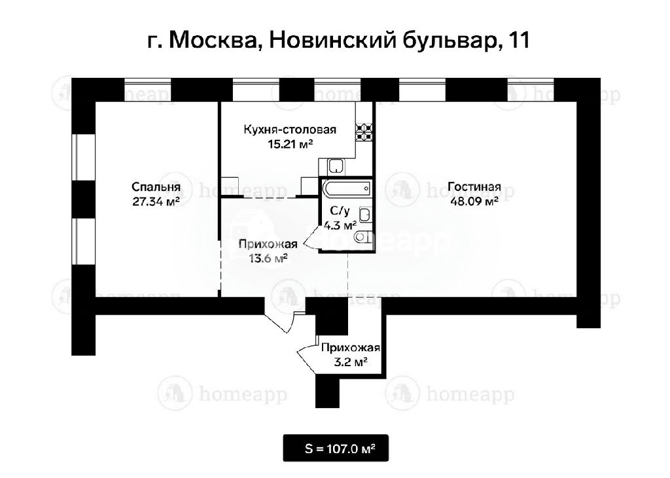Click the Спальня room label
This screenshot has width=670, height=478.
156,187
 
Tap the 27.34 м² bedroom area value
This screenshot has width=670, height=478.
156,201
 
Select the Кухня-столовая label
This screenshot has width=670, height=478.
290,129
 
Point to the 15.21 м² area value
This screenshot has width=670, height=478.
291,144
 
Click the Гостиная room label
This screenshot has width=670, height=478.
474,186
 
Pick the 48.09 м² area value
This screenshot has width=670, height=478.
474,201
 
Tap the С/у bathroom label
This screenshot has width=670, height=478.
340,211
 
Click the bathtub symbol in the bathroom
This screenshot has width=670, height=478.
347,188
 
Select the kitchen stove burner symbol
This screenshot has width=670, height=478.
364,133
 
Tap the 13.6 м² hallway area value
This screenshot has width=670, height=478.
268,258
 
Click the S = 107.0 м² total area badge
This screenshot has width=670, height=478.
336,449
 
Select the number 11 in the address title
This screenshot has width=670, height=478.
519,40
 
